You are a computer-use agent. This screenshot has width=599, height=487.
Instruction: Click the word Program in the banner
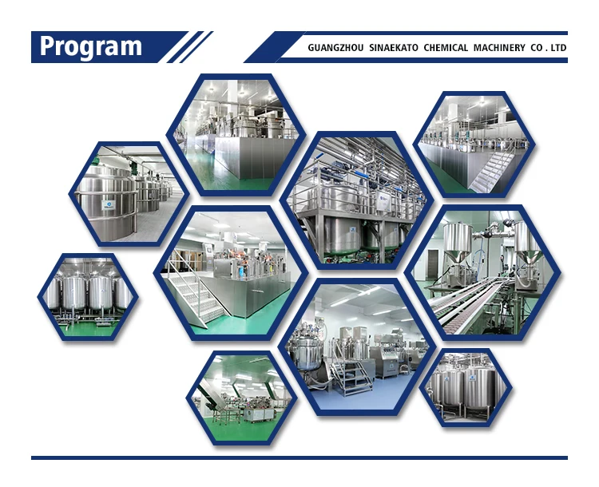click(91, 46)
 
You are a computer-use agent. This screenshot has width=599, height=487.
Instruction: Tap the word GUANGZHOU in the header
click(335, 48)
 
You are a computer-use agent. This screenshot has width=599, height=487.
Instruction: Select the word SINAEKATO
click(394, 48)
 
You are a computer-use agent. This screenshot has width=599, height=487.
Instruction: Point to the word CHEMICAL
click(446, 48)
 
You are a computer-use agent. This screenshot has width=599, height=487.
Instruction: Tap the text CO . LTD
click(548, 48)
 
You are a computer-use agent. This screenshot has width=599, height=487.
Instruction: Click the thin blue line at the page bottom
click(299, 457)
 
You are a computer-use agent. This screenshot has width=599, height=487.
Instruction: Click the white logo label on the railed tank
click(109, 205)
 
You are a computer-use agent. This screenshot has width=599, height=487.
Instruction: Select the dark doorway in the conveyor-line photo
click(432, 264)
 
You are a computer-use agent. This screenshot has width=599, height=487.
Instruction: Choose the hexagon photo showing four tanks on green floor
click(88, 297)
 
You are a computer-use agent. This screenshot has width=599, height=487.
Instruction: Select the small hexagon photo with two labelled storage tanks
click(466, 388)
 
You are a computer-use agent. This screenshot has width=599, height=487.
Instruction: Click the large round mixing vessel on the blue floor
click(307, 353)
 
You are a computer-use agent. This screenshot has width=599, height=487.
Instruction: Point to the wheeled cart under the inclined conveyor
click(225, 415)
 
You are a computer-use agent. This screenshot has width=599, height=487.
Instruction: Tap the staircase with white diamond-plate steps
click(196, 298)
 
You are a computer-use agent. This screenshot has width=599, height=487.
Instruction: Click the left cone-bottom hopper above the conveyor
click(458, 243)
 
